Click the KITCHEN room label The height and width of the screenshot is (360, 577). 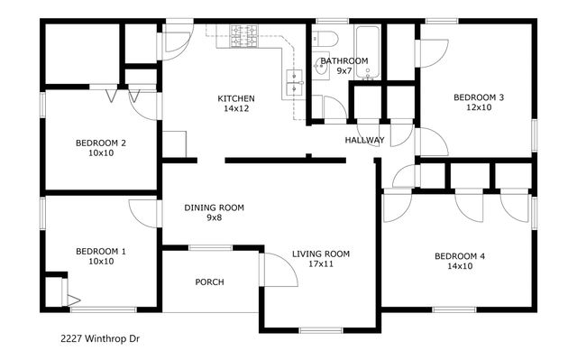click(x=236, y=98)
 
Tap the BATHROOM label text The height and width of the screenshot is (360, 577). click(x=344, y=60)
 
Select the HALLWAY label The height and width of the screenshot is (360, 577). click(x=364, y=140)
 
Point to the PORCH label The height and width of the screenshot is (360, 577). click(x=209, y=282)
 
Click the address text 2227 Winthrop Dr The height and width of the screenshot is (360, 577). click(x=100, y=338)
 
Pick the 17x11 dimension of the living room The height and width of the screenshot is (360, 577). click(x=321, y=264)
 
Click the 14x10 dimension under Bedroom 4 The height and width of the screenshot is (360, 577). click(x=460, y=266)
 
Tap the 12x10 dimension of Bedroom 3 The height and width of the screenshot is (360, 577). click(x=479, y=107)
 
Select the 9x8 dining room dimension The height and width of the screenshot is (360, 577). click(x=214, y=217)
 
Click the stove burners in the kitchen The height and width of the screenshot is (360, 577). click(x=243, y=36)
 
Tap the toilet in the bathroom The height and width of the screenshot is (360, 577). click(x=325, y=39)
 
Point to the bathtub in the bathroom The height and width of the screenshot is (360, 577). click(x=367, y=52)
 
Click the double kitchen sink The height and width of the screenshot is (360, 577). click(x=295, y=82)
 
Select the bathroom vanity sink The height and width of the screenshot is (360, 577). click(x=321, y=66)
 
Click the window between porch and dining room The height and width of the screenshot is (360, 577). click(x=210, y=248)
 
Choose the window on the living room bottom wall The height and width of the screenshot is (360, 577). click(x=321, y=330)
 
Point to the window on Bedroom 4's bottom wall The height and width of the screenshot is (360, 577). click(x=454, y=309)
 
